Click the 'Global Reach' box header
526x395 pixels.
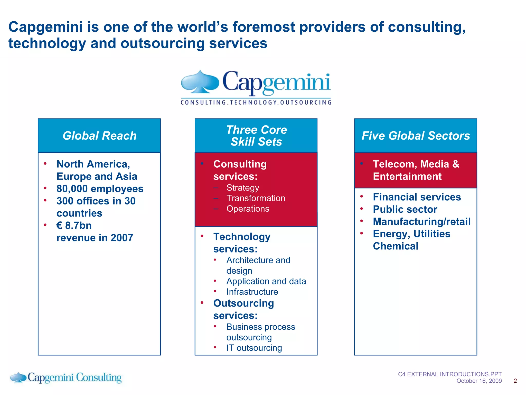point(99,136)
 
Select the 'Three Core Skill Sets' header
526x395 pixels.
point(256,136)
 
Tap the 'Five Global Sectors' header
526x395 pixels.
point(416,136)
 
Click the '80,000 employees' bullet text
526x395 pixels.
point(100,189)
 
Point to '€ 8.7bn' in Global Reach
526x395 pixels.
point(74,226)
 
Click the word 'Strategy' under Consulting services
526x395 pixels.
point(242,188)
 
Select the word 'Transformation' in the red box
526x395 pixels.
point(256,198)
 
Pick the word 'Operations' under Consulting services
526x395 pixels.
point(248,209)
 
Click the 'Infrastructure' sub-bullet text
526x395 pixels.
point(252,292)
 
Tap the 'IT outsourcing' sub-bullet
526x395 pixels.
point(254,348)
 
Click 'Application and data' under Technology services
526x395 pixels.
point(266,281)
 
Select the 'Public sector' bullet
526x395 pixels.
point(405,209)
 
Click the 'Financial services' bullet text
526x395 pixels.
point(417,197)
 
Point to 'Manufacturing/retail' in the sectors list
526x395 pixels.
point(421,222)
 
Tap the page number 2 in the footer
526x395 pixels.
point(515,381)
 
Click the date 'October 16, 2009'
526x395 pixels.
point(479,381)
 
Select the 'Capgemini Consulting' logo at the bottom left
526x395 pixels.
point(66,378)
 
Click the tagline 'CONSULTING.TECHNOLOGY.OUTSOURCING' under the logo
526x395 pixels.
point(256,102)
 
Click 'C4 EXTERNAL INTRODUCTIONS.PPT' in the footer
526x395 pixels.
point(450,374)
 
